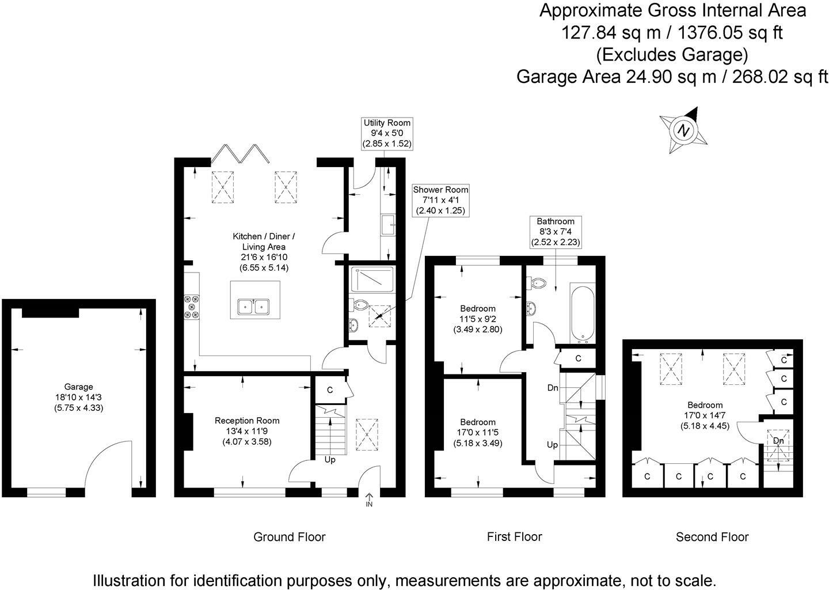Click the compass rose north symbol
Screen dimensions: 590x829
pyautogui.click(x=684, y=130)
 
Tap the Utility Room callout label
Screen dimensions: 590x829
pyautogui.click(x=386, y=133)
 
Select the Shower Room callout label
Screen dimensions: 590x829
pyautogui.click(x=440, y=200)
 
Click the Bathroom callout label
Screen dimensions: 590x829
pyautogui.click(x=556, y=232)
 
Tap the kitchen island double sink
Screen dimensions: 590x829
pyautogui.click(x=254, y=307)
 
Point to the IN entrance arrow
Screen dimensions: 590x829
pyautogui.click(x=369, y=499)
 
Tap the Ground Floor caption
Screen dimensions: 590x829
pyautogui.click(x=289, y=537)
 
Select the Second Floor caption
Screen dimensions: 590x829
pyautogui.click(x=712, y=537)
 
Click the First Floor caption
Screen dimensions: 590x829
pyautogui.click(x=514, y=536)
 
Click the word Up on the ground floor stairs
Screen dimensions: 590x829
pyautogui.click(x=330, y=460)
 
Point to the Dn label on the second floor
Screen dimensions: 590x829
pyautogui.click(x=778, y=441)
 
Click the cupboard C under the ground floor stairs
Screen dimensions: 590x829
pyautogui.click(x=330, y=390)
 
